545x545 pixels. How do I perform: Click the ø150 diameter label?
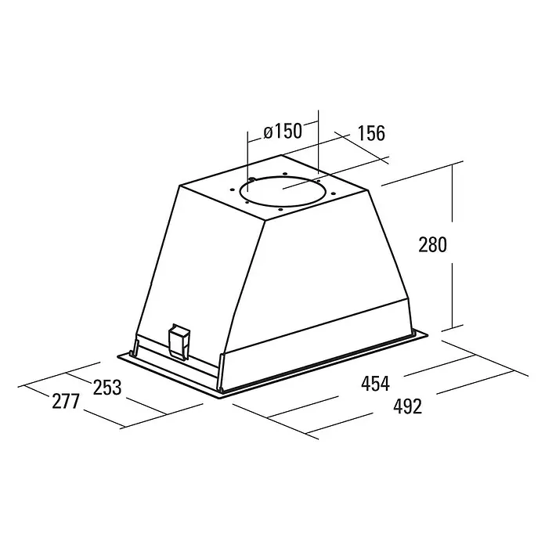coord(283,132)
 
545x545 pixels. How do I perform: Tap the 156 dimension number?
coord(371,133)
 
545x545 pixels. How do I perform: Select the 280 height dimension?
coord(432,244)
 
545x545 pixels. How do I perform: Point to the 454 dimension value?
coord(375,384)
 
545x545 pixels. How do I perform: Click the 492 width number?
coord(408,406)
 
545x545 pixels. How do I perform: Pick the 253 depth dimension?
coord(107,387)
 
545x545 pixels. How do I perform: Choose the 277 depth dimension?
coord(66,402)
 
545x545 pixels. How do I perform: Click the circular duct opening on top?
coord(283,176)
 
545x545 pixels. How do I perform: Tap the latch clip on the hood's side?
coord(179,341)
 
